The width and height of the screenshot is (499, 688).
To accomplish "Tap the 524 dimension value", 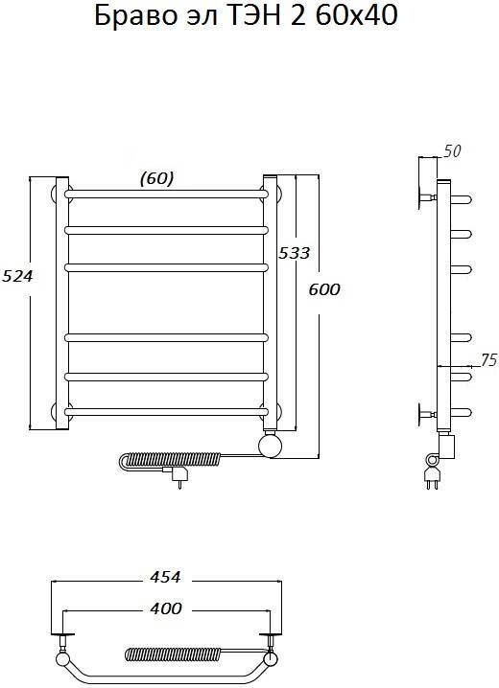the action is coord(17,276).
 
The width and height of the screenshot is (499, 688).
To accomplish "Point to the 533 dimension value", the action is coord(294,253).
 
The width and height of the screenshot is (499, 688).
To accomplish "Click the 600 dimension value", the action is coord(324,289).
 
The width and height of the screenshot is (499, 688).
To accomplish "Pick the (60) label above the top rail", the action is coord(156,178).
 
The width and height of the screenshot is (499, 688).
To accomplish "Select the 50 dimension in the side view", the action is coord(452,151).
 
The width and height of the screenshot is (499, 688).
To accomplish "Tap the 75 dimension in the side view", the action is coord(487,360).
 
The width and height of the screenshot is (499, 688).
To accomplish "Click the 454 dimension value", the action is coord(165,577).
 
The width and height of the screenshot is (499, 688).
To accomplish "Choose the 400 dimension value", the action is coord(166,608).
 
